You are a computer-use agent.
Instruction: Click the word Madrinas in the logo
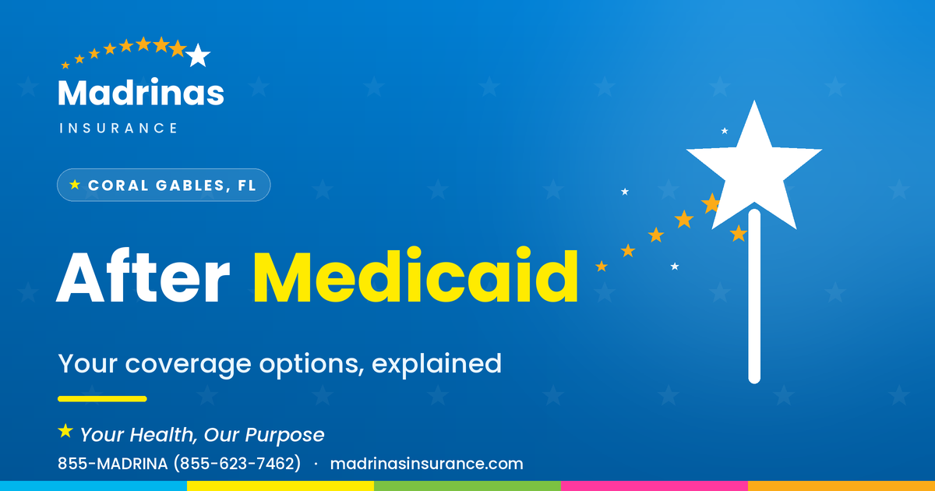(x=141, y=92)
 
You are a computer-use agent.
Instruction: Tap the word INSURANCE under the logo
(x=118, y=128)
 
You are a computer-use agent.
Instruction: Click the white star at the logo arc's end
(x=198, y=55)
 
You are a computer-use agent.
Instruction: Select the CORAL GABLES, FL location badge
(x=164, y=185)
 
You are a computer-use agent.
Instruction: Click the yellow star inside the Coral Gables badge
(x=75, y=185)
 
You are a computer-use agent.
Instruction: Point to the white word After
(x=143, y=277)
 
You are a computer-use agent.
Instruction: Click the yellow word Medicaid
(x=416, y=274)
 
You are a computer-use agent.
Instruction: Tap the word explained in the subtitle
(x=436, y=364)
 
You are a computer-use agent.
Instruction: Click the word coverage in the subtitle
(x=189, y=365)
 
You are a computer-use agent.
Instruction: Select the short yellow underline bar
(x=102, y=399)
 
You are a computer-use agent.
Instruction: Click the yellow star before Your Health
(x=65, y=431)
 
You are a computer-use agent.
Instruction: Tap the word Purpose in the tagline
(x=284, y=436)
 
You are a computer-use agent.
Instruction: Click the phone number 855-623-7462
(x=237, y=464)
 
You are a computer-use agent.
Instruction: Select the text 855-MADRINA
(x=113, y=464)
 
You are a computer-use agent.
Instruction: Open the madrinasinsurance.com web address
(x=427, y=464)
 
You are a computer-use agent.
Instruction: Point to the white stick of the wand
(x=754, y=296)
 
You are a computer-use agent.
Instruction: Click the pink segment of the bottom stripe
(x=654, y=486)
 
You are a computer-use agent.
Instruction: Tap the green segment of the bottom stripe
(x=467, y=486)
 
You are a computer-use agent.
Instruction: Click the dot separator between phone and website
(x=316, y=464)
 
